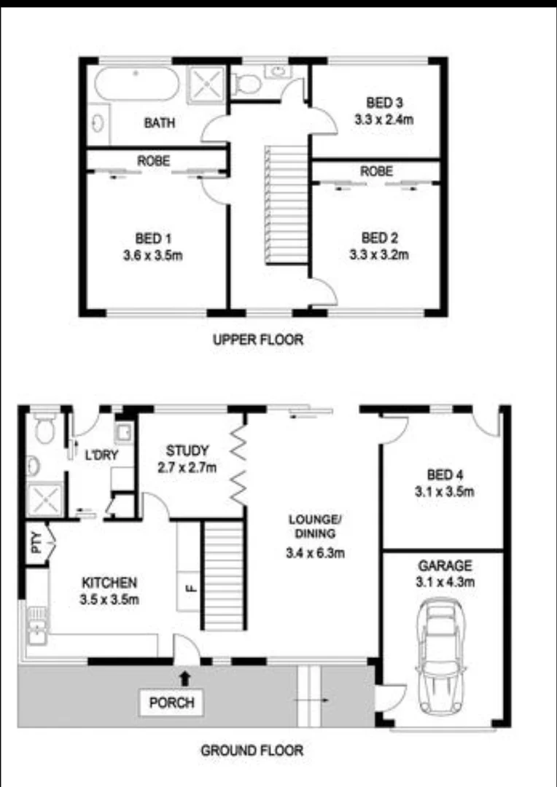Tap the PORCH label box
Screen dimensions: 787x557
tap(172, 703)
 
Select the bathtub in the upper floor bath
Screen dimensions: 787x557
tap(136, 85)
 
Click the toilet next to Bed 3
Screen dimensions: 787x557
tap(249, 85)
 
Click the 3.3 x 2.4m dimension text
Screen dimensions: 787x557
tap(384, 120)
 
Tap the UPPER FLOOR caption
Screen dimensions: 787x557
tap(257, 340)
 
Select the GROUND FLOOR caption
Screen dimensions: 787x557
tap(252, 750)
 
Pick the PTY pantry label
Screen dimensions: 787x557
tap(35, 543)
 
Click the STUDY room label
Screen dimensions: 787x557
tap(187, 450)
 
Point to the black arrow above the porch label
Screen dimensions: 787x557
tap(184, 678)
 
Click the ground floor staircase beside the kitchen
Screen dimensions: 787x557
tap(222, 575)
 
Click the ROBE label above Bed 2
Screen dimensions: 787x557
tap(376, 171)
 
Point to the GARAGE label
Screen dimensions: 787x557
tap(445, 565)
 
